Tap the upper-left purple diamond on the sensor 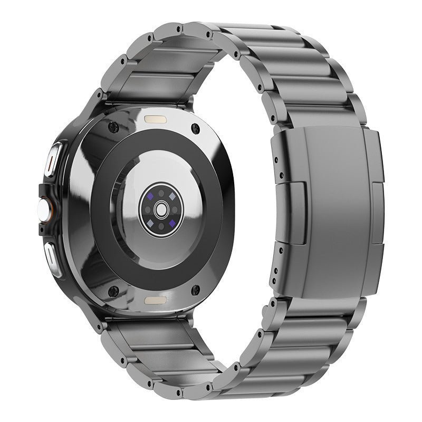pyautogui.click(x=151, y=195)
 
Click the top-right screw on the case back pyautogui.click(x=196, y=127)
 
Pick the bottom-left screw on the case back pyautogui.click(x=112, y=290)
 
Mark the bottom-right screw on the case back pyautogui.click(x=196, y=289)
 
